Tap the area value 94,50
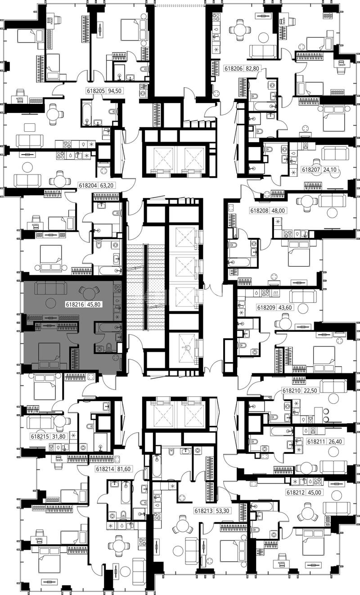coord(115,91)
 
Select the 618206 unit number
coord(234,68)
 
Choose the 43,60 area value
coord(285,308)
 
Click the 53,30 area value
coord(223,510)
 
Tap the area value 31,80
coord(59,436)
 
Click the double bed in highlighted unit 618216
coord(49,356)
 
